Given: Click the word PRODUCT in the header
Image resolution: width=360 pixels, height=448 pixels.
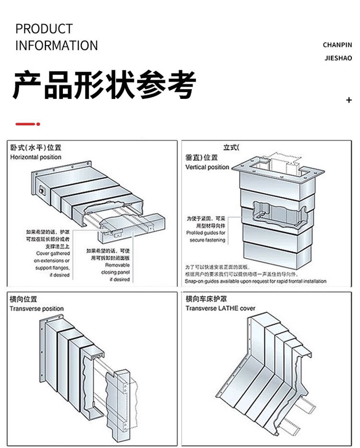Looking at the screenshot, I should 44,29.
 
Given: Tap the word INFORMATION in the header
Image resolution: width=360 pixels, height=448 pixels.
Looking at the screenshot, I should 57,46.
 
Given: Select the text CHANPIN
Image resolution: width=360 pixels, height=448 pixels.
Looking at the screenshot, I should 337,45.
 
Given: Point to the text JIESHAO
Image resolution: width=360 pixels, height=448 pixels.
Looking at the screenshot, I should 338,59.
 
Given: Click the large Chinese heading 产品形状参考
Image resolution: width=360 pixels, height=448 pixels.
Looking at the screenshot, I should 104,85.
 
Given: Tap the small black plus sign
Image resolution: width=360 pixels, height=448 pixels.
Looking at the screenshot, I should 349,100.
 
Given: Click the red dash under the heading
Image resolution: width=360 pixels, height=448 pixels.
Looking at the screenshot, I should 27,124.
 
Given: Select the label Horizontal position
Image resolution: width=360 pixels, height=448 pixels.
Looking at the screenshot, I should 36,157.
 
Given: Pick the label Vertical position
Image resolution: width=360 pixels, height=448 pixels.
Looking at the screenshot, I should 207,167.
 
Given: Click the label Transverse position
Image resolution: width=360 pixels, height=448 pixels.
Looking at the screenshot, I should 36,309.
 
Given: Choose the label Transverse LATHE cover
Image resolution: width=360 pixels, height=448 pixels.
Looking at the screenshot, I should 220,308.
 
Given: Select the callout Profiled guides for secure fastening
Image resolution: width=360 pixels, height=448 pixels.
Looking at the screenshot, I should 205,236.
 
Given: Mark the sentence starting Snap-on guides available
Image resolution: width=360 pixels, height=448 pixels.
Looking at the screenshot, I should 256,281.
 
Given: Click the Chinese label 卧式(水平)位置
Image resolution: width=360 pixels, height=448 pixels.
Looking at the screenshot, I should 36,148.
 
